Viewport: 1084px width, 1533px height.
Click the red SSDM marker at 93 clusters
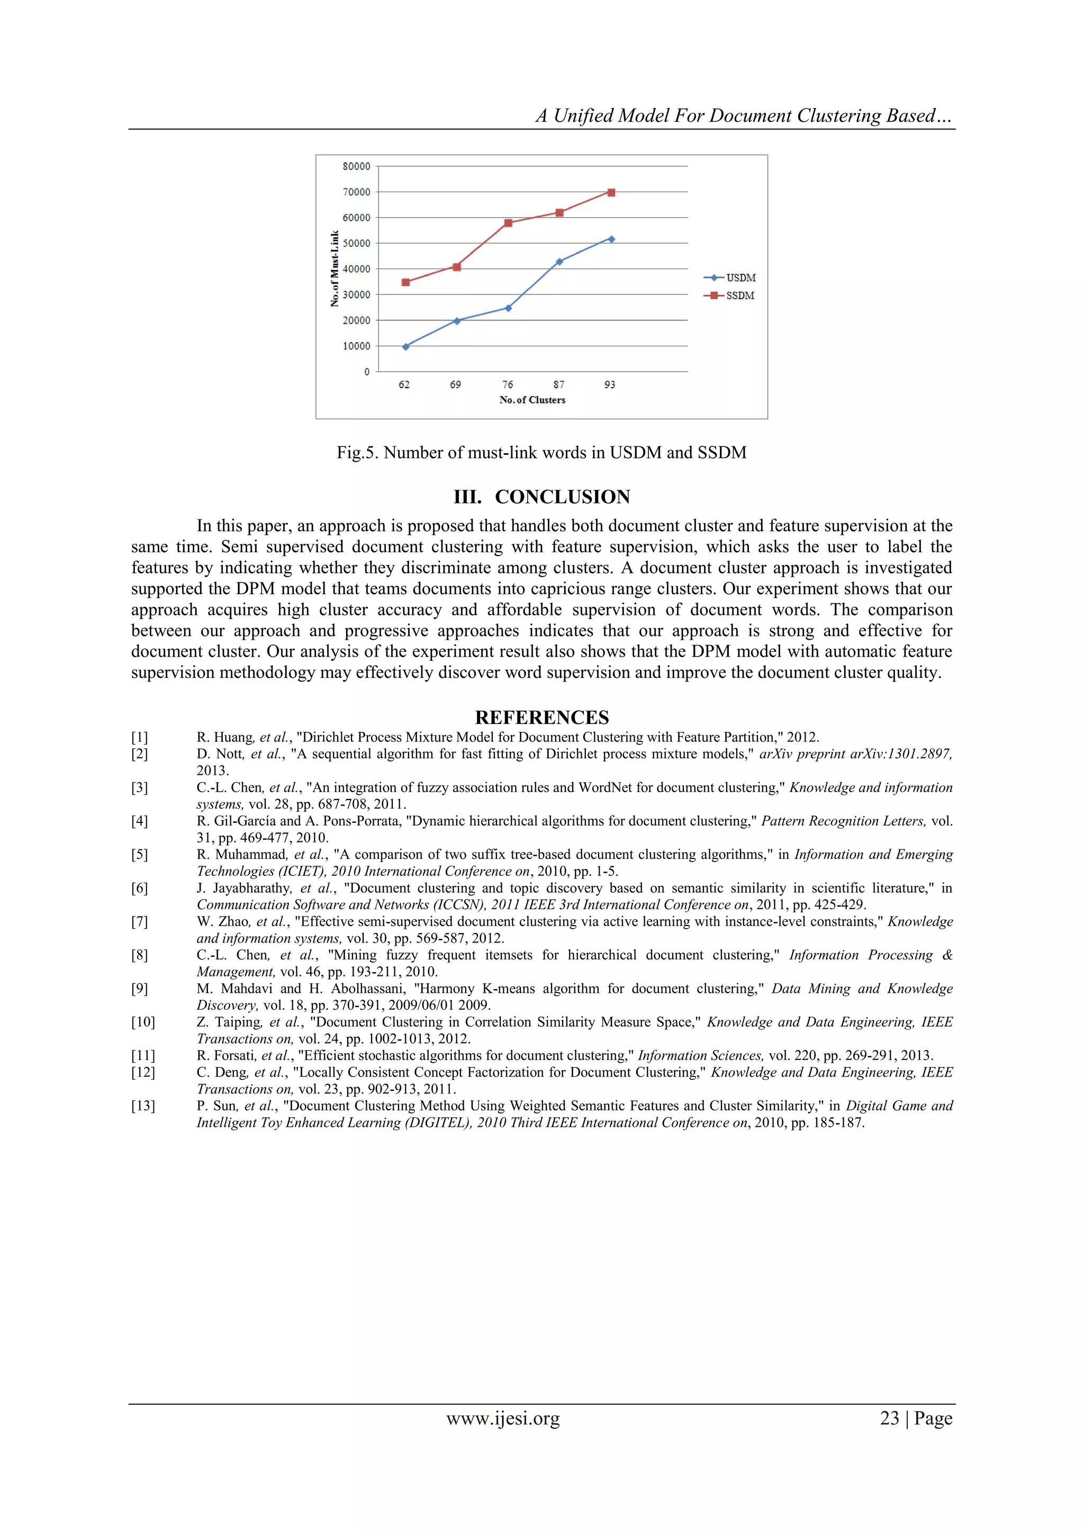click(611, 192)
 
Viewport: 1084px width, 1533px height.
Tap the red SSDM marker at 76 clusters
click(508, 223)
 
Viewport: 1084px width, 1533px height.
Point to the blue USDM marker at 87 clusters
click(559, 262)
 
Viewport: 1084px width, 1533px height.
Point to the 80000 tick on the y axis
click(356, 166)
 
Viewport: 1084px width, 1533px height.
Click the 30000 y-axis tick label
click(356, 294)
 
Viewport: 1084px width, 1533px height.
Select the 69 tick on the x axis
click(455, 384)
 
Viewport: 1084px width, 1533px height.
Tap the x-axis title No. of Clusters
click(532, 400)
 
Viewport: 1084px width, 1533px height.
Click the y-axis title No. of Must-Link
click(335, 268)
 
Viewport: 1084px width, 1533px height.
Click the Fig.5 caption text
click(541, 453)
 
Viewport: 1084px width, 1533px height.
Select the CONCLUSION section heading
click(541, 497)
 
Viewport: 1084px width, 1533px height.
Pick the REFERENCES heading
click(541, 717)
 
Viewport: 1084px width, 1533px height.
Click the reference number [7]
click(140, 921)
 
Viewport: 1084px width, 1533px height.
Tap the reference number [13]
click(142, 1106)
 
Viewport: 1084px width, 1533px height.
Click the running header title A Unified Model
click(743, 115)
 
